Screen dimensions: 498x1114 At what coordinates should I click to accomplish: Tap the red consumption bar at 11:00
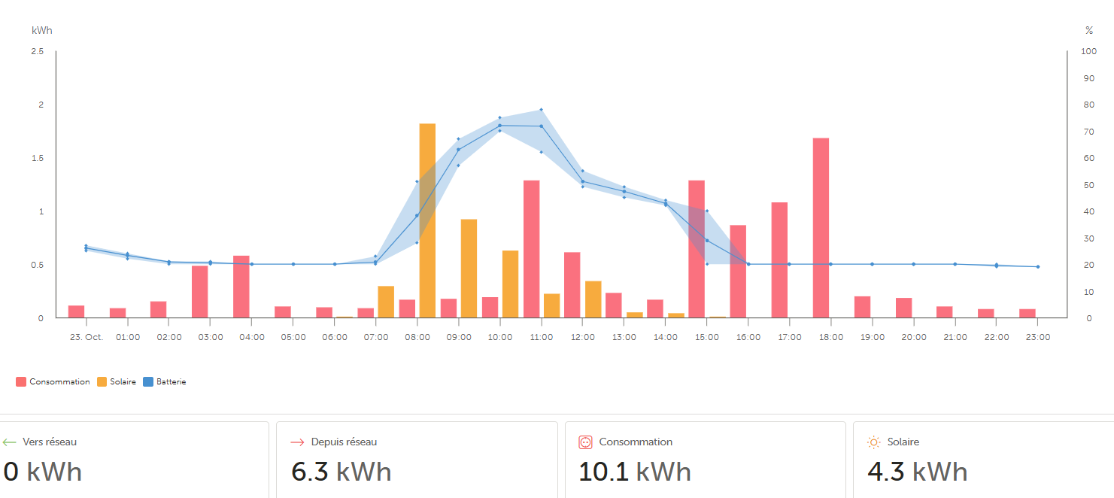(532, 249)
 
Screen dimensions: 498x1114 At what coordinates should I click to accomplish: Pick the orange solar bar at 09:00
(469, 269)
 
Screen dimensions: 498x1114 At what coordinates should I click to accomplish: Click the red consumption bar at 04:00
(241, 287)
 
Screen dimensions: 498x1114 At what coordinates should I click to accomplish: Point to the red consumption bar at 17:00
(779, 260)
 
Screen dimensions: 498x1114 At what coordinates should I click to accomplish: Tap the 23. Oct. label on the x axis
(86, 337)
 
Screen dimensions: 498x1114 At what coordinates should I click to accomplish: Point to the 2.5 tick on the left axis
(38, 51)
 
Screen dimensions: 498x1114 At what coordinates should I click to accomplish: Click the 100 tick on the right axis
(1088, 51)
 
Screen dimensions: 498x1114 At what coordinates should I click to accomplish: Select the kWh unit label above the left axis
(42, 30)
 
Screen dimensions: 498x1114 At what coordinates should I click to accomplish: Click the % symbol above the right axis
(1088, 30)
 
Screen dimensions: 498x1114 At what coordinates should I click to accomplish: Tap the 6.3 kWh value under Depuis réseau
(341, 472)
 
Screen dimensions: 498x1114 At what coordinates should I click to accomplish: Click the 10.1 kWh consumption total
(634, 472)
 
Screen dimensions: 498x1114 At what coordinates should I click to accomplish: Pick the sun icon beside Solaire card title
(873, 442)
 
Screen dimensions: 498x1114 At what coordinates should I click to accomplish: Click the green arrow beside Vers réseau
(9, 442)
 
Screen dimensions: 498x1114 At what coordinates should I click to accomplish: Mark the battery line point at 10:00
(499, 125)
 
